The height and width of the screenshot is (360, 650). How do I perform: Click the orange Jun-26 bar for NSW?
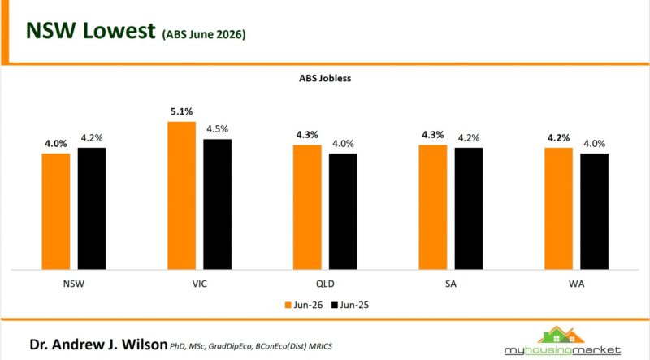click(56, 211)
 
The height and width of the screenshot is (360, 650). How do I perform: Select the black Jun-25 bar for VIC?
click(217, 205)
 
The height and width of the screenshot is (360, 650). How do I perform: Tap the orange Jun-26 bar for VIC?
click(181, 196)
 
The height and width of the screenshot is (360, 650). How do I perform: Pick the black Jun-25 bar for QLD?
click(343, 211)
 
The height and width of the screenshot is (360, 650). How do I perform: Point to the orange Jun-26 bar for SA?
click(433, 207)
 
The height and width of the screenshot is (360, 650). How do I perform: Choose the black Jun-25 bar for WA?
click(595, 211)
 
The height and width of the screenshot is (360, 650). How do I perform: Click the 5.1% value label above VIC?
click(181, 111)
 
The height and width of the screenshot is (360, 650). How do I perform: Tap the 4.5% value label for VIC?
click(218, 129)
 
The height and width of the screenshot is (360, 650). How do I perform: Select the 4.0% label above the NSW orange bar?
click(56, 144)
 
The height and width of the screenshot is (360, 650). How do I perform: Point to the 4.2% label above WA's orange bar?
click(558, 137)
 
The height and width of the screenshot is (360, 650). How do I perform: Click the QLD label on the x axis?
click(325, 284)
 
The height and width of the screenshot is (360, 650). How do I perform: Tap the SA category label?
click(451, 284)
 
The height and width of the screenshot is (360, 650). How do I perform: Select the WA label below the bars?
click(577, 284)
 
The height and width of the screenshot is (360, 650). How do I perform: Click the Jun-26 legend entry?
click(304, 306)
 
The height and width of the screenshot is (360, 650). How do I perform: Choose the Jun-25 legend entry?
click(350, 306)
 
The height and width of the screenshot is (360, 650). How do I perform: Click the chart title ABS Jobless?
click(325, 78)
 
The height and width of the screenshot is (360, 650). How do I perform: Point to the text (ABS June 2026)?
click(204, 34)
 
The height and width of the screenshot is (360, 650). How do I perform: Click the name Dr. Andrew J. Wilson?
click(98, 345)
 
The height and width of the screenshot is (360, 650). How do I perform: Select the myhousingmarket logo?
click(562, 342)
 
